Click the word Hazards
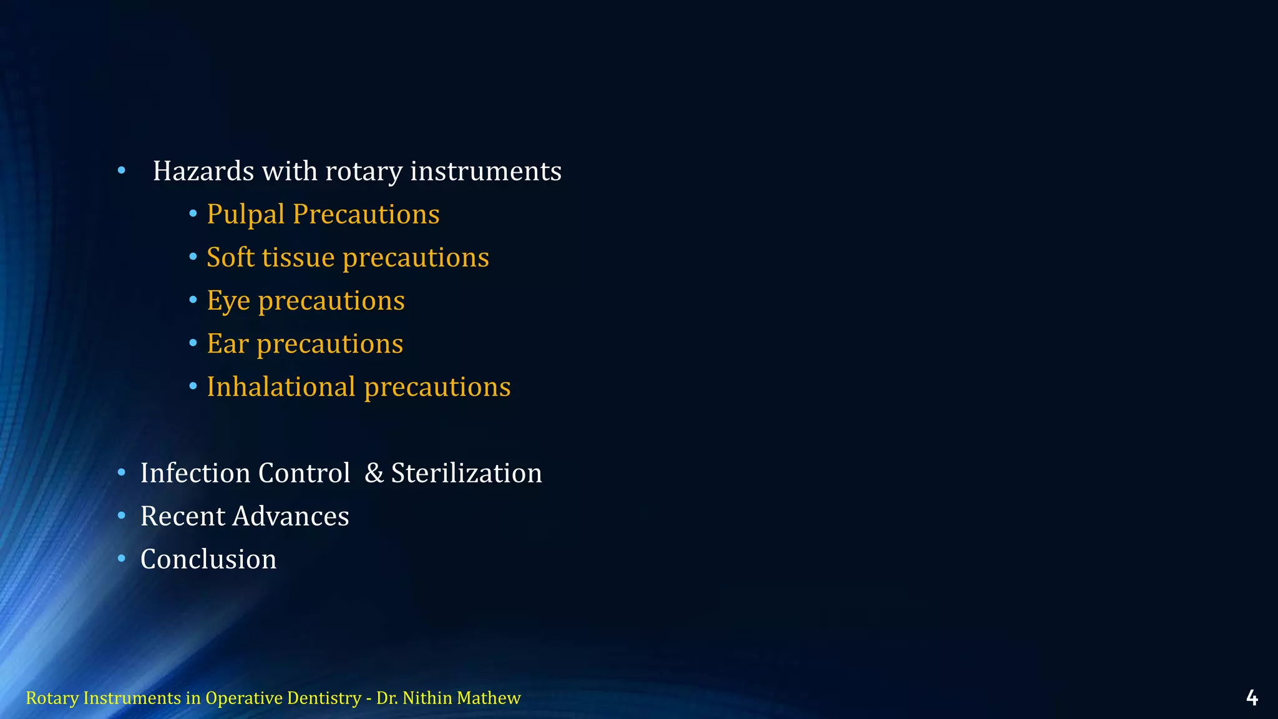coord(203,171)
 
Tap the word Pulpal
coord(246,215)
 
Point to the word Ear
coord(227,344)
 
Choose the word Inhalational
coord(281,387)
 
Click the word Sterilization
coord(466,473)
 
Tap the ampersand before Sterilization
coord(374,473)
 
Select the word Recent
coord(182,516)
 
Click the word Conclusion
coord(208,559)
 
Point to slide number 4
coord(1251,698)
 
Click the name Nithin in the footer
coord(427,698)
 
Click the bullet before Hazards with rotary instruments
coord(122,170)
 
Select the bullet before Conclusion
coord(122,559)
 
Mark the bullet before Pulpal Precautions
coord(193,214)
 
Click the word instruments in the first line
coord(485,171)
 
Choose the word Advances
coord(290,516)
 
